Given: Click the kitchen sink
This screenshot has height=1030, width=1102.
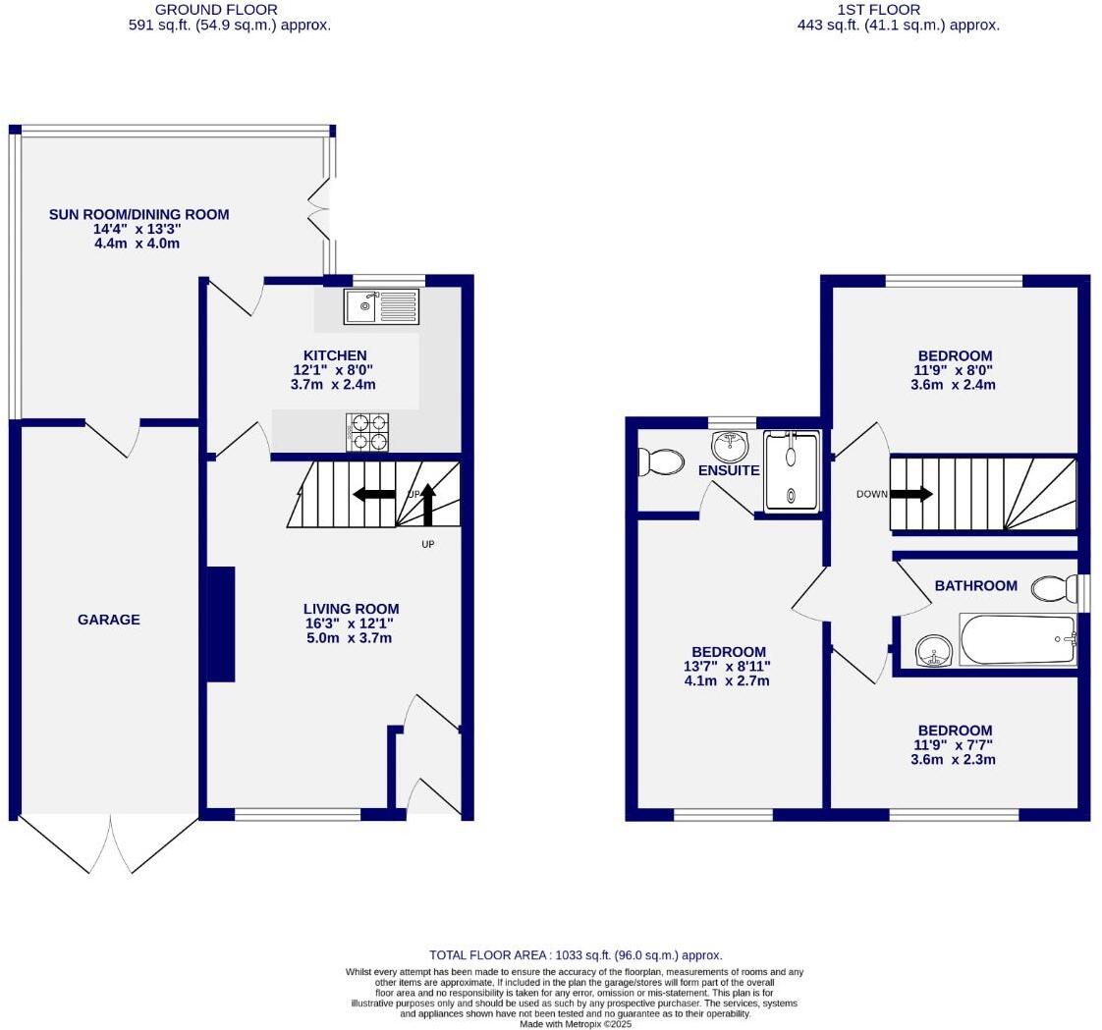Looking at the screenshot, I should click(381, 306).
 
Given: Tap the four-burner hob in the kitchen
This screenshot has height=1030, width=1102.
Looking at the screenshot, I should click(367, 432).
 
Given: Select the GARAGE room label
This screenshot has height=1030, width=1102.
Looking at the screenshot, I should click(108, 620).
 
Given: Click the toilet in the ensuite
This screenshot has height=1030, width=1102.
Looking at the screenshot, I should click(661, 461).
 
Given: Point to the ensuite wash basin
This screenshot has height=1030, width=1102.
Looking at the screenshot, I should click(730, 447).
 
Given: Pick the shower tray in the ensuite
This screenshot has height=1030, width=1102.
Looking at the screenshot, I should click(792, 471).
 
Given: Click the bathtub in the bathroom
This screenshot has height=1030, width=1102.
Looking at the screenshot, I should click(1018, 640).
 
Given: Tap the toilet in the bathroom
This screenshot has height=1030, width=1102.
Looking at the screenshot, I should click(1054, 588).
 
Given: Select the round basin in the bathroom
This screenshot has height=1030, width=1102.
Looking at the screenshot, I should click(934, 650).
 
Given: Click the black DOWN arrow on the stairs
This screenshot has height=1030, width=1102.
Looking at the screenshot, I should click(910, 494).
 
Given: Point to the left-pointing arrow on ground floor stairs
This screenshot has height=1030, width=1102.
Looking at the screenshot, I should click(373, 494).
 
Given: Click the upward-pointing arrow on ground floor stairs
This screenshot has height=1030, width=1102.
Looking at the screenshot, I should click(427, 505).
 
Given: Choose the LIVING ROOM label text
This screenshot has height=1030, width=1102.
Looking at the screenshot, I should click(351, 609).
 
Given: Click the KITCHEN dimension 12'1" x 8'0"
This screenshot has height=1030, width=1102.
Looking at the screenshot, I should click(333, 370).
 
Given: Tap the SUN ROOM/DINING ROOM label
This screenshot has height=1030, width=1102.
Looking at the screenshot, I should click(138, 214).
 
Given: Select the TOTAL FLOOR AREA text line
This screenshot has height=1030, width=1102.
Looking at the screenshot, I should click(576, 954).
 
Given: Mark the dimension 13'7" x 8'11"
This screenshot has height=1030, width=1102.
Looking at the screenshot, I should click(727, 667).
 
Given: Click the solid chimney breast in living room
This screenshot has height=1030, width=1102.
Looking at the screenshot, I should click(220, 623).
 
